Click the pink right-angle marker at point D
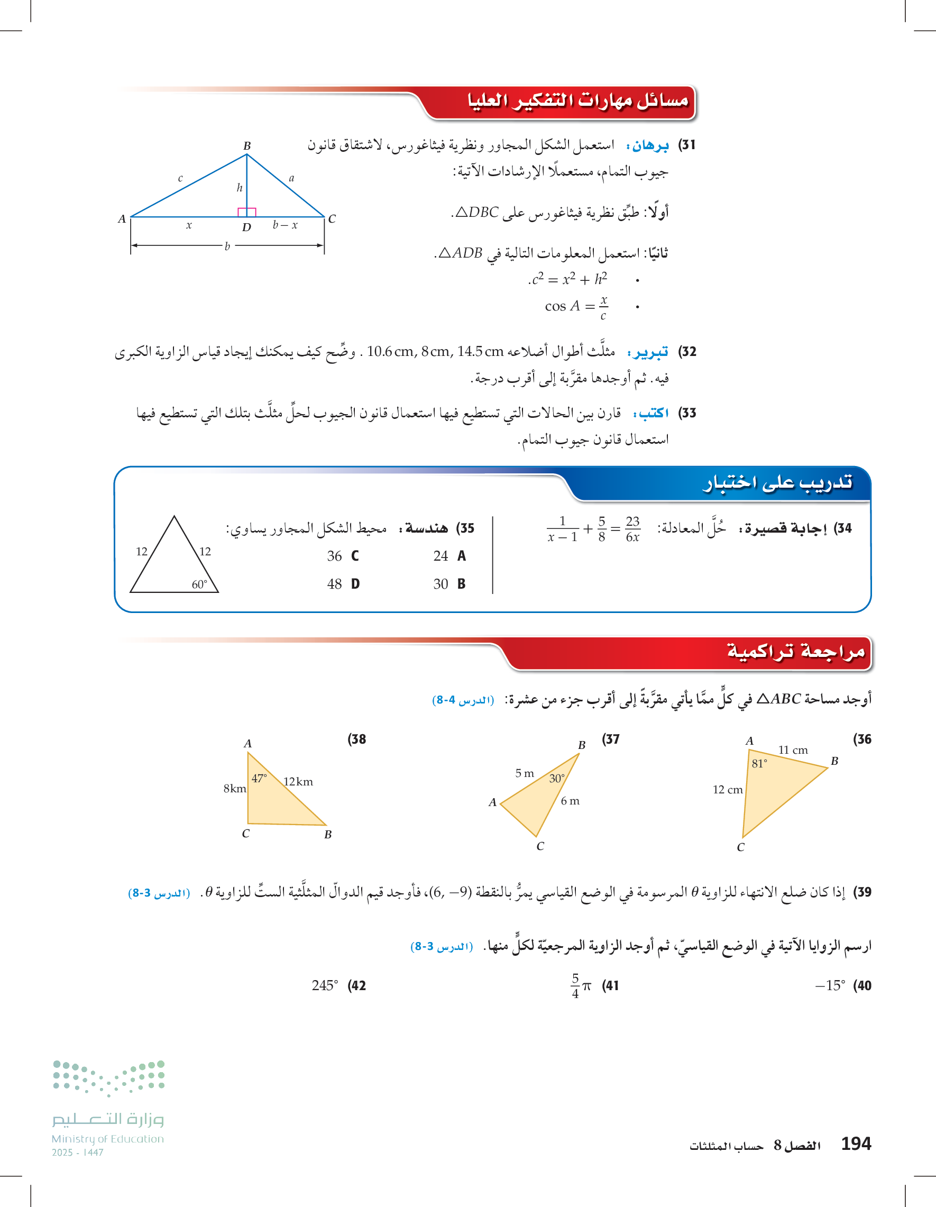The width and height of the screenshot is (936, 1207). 246,212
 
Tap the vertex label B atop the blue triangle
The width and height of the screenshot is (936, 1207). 247,146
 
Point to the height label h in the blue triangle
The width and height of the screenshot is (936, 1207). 239,188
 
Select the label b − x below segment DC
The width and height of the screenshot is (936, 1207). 285,225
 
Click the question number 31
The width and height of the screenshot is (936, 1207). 687,145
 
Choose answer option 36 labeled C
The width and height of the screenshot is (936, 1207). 343,556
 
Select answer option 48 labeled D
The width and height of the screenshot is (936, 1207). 343,584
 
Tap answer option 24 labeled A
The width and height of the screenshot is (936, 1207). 449,556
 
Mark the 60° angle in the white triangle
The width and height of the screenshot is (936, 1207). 199,584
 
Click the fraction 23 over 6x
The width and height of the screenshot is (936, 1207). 632,529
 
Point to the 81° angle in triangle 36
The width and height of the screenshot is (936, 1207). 759,764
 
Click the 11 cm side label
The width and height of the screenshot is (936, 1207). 793,750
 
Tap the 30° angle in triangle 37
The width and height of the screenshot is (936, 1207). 557,778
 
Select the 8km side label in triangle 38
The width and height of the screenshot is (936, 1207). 235,789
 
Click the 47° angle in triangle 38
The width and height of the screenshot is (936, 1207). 259,778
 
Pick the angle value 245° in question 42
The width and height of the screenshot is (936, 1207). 324,985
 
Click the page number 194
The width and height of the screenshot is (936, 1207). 856,1144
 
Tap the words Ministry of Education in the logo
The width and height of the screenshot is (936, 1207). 108,1139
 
